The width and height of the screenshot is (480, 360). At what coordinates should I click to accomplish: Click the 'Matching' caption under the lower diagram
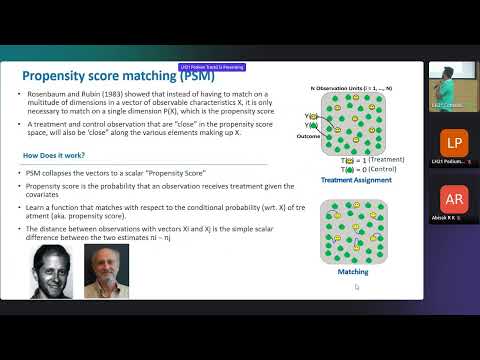[354, 271]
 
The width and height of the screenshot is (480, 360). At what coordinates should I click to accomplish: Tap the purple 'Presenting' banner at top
[212, 67]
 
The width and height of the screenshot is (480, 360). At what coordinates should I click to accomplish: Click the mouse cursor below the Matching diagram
[356, 287]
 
